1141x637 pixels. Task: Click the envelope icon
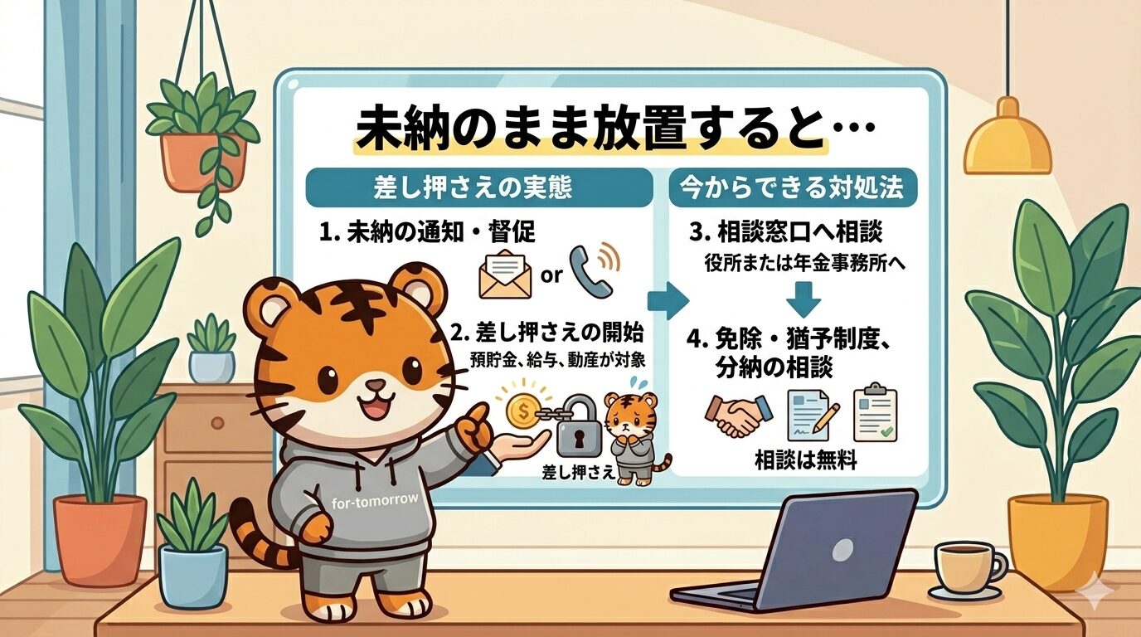click(505, 275)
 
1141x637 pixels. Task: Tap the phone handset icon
click(595, 271)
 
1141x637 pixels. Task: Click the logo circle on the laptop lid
click(842, 548)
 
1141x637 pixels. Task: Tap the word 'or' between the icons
click(551, 275)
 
